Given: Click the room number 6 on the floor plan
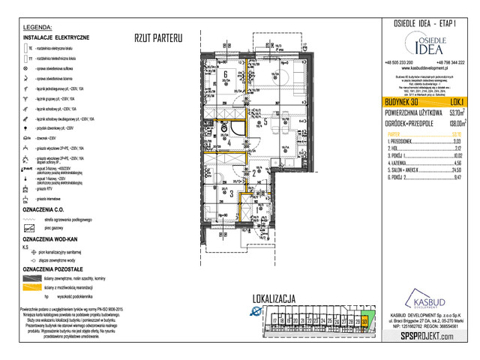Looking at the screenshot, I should [225, 74].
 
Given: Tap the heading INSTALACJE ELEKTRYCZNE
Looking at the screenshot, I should [57, 37].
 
